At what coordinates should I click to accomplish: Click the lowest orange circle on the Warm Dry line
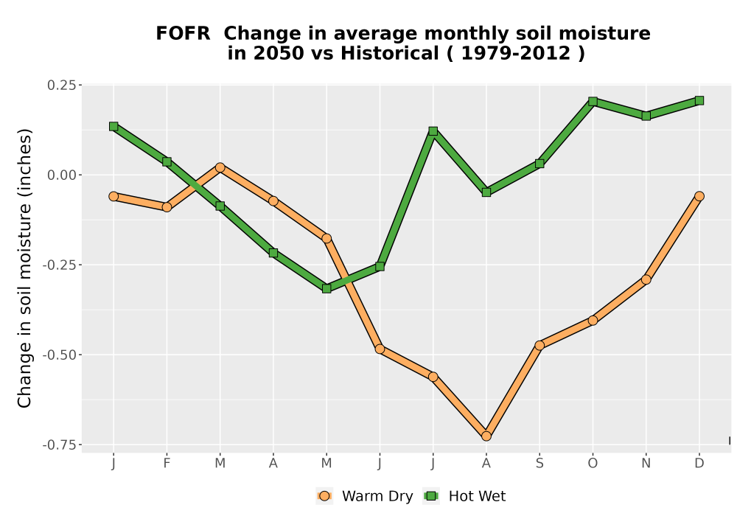coord(486,436)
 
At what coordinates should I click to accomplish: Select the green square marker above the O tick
coord(593,101)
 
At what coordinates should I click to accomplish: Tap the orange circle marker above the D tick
coord(699,196)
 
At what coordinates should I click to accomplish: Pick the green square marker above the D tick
coord(699,100)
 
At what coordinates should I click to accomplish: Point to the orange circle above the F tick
coord(167,207)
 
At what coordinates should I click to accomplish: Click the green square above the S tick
coord(539,164)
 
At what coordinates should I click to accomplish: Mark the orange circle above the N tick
coord(646,279)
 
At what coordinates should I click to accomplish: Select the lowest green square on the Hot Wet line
coord(326,288)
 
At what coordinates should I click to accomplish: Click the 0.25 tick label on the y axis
coord(62,85)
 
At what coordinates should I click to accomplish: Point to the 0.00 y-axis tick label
coord(62,175)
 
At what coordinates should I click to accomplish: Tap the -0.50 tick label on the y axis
coord(59,355)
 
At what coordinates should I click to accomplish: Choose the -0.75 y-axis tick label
coord(59,444)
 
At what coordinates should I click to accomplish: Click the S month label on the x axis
coord(539,464)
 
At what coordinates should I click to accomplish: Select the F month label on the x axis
coord(167,464)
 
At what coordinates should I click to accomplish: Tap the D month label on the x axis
coord(699,464)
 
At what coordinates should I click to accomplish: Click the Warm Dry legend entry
coord(365,496)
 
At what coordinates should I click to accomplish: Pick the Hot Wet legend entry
coord(465,496)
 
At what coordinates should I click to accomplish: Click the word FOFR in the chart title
coord(183,34)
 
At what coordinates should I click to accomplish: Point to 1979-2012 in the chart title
coord(516,53)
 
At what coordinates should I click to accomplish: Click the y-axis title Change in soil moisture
coord(24,268)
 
